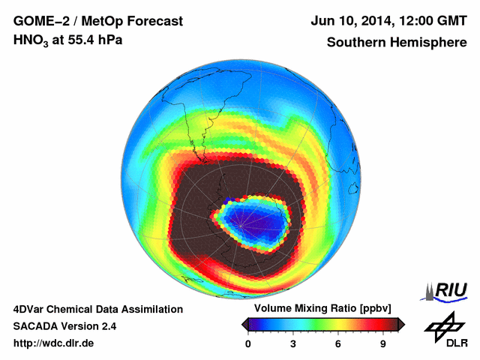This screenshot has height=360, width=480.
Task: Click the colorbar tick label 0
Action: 248,343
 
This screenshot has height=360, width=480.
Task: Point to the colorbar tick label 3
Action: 293,343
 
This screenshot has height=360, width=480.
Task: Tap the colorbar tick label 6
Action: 338,343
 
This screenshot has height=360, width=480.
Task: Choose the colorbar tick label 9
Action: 382,343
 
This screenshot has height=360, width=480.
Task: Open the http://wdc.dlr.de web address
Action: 54,343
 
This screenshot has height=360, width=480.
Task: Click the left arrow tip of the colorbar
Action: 244,324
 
